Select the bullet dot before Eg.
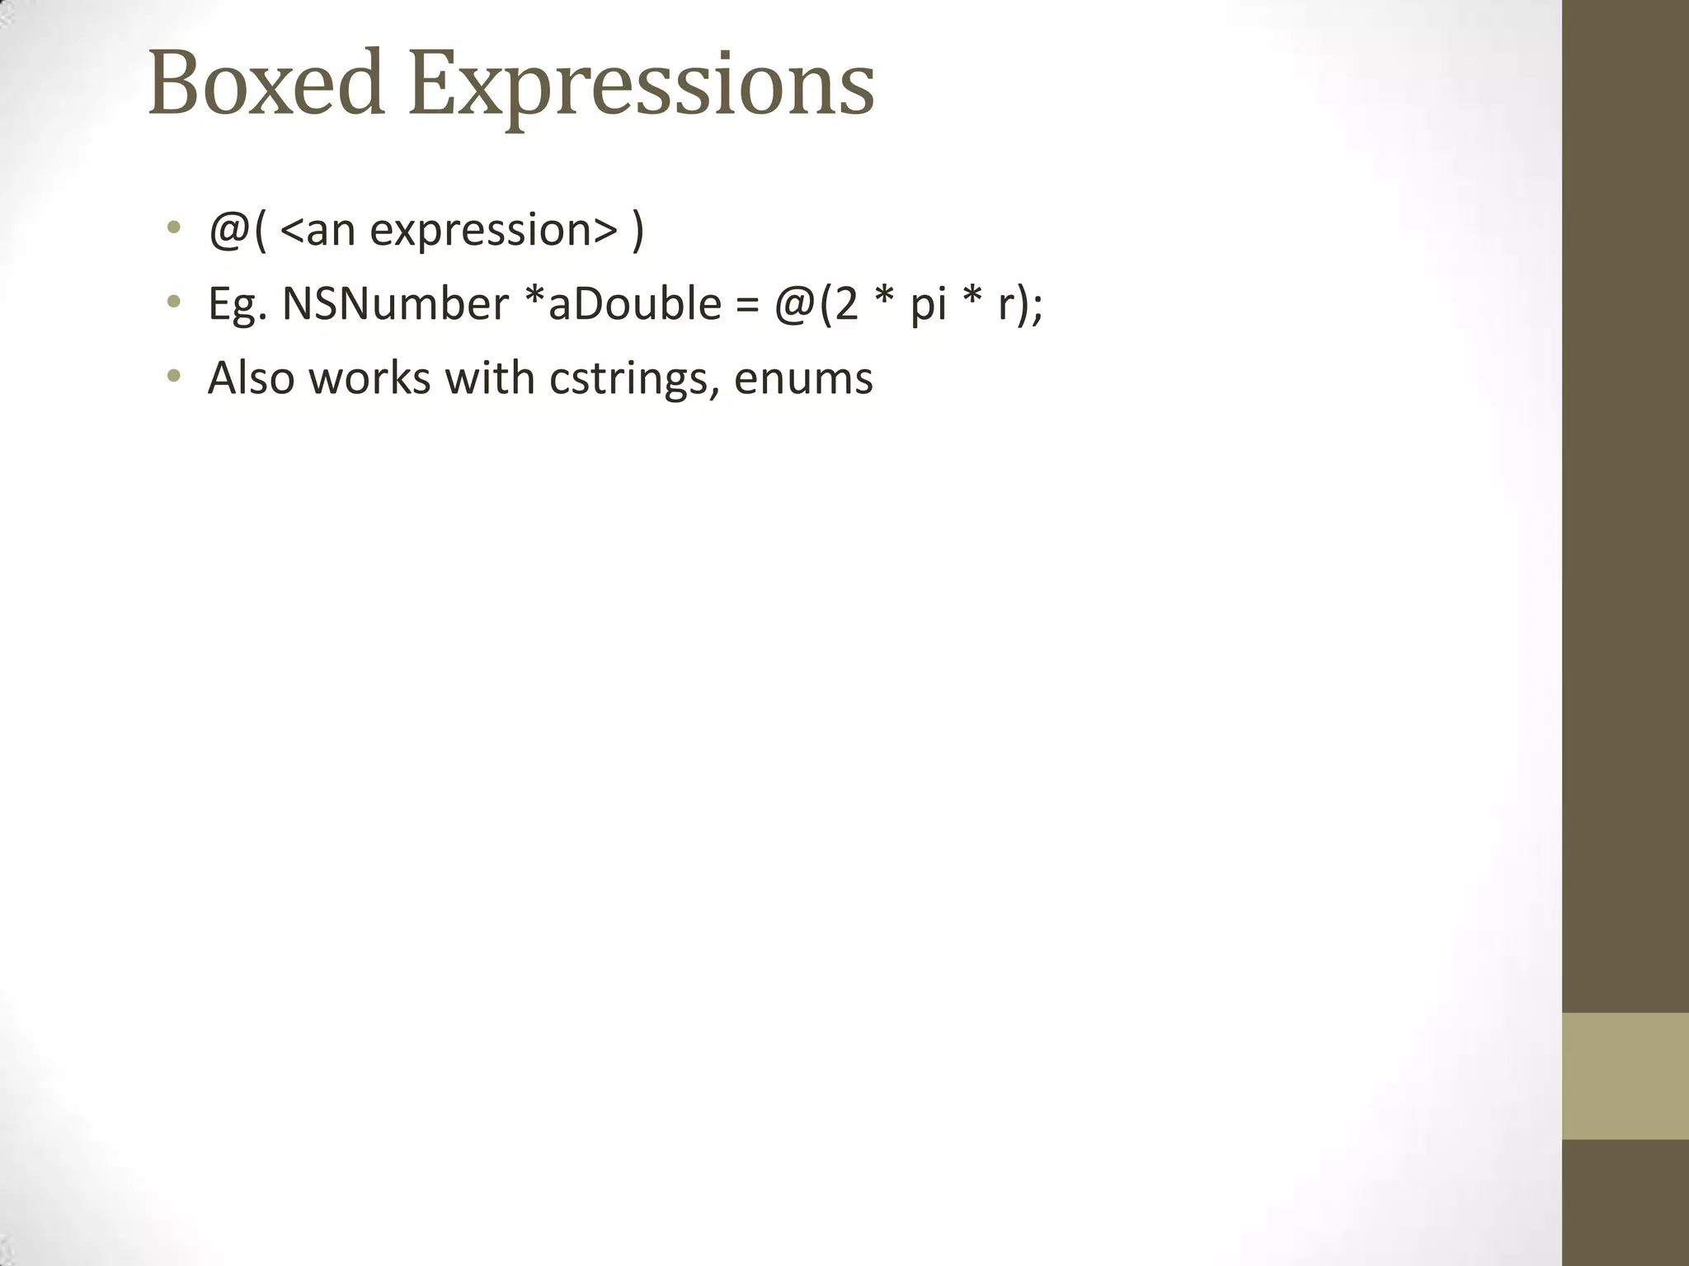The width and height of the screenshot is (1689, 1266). (172, 302)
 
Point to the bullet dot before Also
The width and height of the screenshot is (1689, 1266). (172, 377)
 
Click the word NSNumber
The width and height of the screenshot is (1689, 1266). (395, 304)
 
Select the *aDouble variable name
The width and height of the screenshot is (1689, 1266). (623, 304)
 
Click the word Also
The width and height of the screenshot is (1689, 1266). (251, 378)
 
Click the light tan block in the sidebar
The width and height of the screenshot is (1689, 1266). (1625, 1076)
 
